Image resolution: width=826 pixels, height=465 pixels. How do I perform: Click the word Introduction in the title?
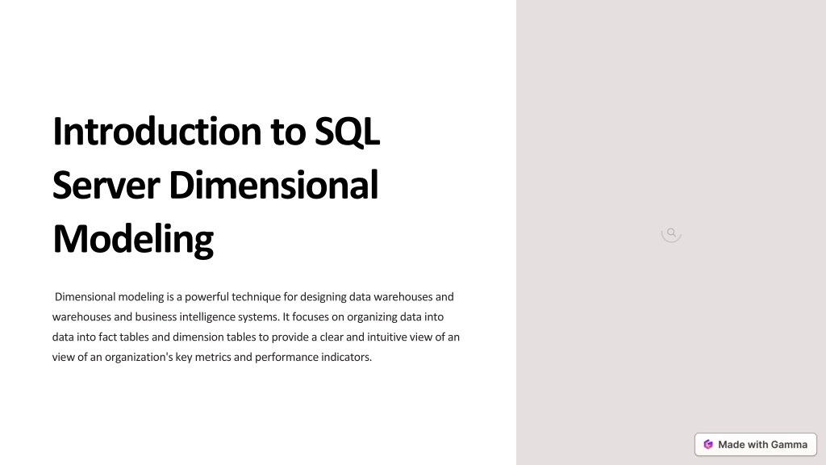(x=157, y=132)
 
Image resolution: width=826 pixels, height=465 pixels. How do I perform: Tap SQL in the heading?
(x=347, y=132)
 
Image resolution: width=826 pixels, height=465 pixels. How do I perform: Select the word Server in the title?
(x=106, y=185)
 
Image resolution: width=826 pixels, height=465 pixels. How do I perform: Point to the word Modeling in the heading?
(x=133, y=240)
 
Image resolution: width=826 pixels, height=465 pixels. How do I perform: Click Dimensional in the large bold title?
(x=273, y=185)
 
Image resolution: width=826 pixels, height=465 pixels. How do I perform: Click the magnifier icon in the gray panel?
(x=671, y=232)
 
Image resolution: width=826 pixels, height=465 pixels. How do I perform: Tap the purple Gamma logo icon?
(x=708, y=445)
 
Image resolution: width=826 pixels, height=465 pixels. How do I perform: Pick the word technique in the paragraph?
(x=256, y=297)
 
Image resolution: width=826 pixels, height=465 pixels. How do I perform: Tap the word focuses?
(x=311, y=316)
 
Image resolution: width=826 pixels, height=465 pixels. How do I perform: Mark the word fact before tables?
(x=107, y=337)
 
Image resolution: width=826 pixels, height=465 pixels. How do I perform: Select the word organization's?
(x=139, y=357)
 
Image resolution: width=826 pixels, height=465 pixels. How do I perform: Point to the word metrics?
(x=213, y=357)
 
